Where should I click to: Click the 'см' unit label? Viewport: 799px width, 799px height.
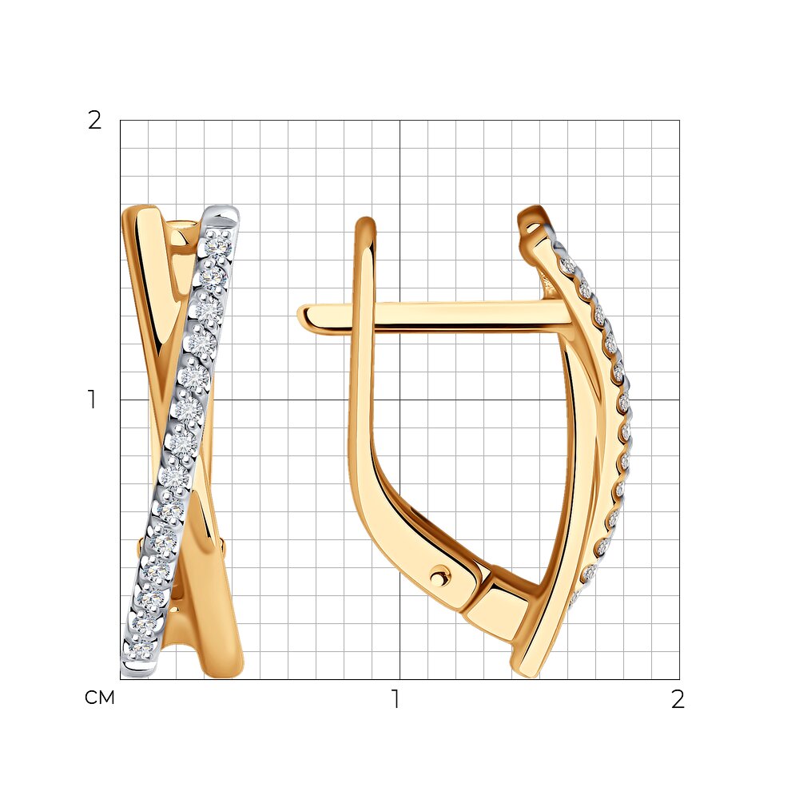coord(99,698)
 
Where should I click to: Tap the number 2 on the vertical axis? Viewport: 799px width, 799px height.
coord(95,121)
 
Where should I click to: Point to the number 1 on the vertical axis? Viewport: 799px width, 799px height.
coord(92,399)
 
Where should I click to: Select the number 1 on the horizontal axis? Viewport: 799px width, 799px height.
coord(395,699)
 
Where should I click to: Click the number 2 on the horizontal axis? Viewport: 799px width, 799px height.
coord(678,699)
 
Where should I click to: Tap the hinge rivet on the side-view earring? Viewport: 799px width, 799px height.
coord(439,578)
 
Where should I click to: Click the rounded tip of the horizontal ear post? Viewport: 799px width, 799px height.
coord(303,316)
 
